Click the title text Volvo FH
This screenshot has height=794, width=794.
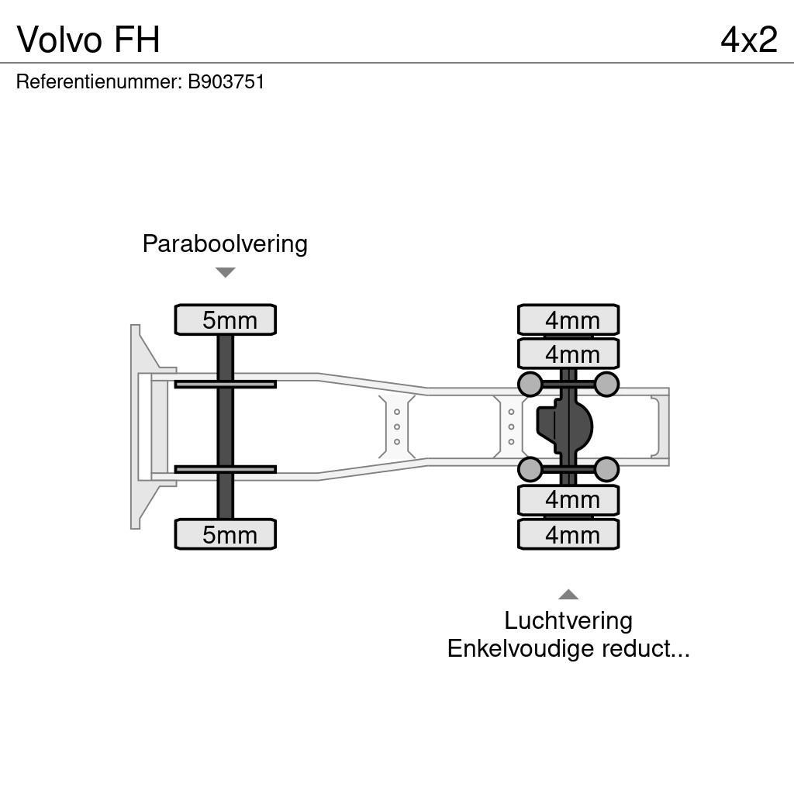click(x=88, y=39)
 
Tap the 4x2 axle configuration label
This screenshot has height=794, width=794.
click(x=748, y=39)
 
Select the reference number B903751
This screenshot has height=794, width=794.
click(x=226, y=81)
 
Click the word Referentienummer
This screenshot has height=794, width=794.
click(x=98, y=81)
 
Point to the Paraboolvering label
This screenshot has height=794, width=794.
click(x=225, y=243)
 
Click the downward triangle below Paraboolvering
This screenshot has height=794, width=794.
click(x=225, y=272)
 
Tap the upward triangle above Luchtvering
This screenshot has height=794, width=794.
click(x=568, y=595)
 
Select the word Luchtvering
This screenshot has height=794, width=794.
click(x=568, y=620)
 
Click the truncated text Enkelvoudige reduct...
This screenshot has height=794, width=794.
click(x=568, y=648)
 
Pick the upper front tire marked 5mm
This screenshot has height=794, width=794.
click(x=225, y=319)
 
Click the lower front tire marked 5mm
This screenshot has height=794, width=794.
click(x=225, y=534)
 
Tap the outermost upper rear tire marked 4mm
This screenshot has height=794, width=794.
click(x=568, y=319)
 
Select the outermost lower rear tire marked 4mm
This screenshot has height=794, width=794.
click(x=568, y=534)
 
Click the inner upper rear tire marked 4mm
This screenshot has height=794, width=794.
click(x=568, y=354)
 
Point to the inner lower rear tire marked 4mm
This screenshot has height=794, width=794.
click(x=568, y=500)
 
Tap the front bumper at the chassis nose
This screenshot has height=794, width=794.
click(x=143, y=426)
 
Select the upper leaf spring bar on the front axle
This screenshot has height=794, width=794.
click(x=225, y=384)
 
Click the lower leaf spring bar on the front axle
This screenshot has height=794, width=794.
click(x=225, y=469)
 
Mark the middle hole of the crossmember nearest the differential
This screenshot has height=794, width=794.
click(x=511, y=426)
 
